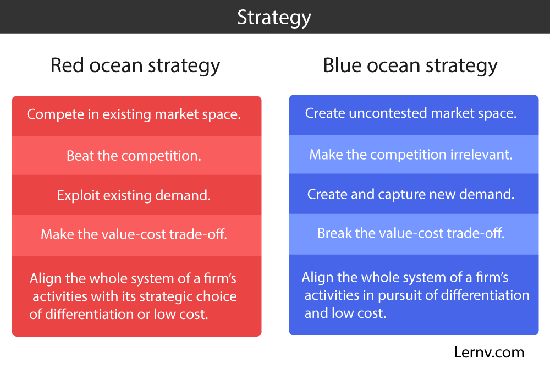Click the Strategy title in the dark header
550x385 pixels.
(274, 17)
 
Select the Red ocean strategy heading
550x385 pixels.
(135, 65)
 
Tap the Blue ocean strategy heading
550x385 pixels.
(410, 65)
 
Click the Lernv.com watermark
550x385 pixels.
(489, 352)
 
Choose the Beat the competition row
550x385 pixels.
(134, 156)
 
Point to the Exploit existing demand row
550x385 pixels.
(134, 195)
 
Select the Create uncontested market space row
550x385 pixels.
(411, 114)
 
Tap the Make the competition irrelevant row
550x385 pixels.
(411, 155)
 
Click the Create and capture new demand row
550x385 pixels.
(411, 194)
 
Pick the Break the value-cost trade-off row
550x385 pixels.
(411, 233)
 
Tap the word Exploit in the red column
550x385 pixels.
(76, 195)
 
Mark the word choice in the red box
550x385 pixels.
(217, 297)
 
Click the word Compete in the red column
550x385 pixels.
(53, 115)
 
